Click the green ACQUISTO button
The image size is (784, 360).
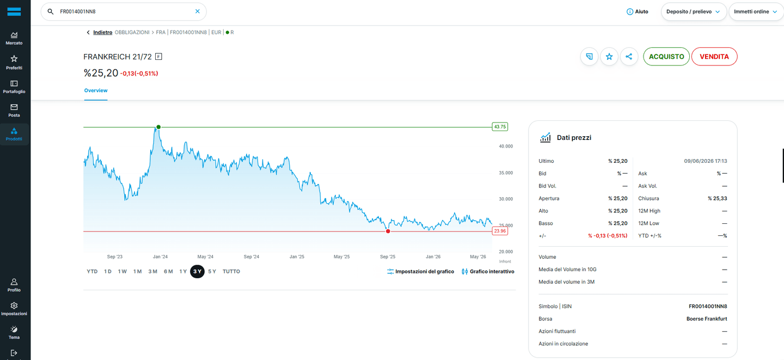click(x=666, y=57)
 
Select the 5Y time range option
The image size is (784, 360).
click(x=212, y=271)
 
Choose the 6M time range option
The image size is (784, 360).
click(x=168, y=271)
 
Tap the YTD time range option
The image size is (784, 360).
click(x=92, y=271)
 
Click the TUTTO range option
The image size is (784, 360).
click(x=231, y=271)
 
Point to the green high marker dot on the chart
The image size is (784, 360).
click(x=158, y=127)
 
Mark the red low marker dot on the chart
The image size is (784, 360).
click(x=388, y=231)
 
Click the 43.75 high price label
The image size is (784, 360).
click(x=500, y=127)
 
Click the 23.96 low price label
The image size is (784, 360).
click(x=500, y=231)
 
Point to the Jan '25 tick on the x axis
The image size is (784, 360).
click(x=297, y=257)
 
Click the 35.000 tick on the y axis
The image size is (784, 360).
click(x=506, y=173)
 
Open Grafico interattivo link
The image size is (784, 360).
click(x=488, y=271)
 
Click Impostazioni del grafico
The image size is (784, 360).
click(x=420, y=271)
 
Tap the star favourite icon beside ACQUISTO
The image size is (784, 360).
click(x=609, y=57)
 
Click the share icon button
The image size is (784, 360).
click(x=629, y=57)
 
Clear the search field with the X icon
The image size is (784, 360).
click(x=198, y=11)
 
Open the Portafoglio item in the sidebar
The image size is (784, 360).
click(x=14, y=87)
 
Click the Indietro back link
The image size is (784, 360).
click(x=102, y=32)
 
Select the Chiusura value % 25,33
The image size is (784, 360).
click(x=717, y=198)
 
